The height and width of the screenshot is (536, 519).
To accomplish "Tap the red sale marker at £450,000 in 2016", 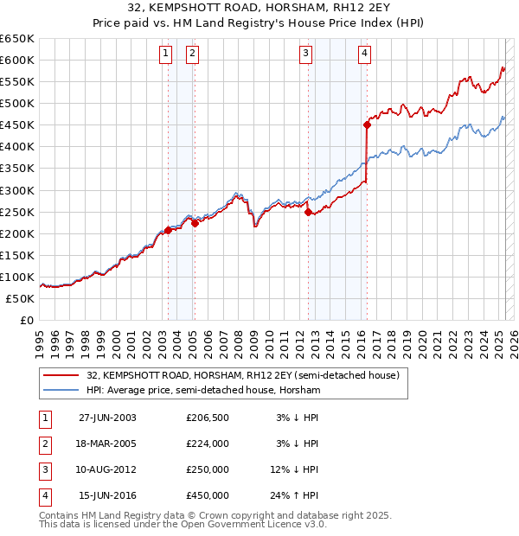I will coord(367,124).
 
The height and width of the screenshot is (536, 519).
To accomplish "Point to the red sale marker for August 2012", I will coord(308,212).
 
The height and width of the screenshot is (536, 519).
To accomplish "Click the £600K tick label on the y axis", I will coord(17,60).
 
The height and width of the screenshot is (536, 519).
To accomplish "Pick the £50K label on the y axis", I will coord(21,298).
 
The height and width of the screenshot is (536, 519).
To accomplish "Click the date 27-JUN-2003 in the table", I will coord(107,418).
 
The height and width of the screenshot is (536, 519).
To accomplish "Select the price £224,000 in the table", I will coord(208,443).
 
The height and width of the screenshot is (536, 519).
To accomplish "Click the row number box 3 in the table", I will coord(43,469).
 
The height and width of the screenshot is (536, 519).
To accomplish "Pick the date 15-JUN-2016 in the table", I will coord(107,495).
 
